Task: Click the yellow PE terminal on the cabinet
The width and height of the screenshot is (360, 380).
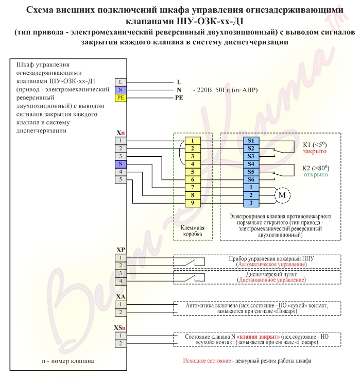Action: pyautogui.click(x=121, y=97)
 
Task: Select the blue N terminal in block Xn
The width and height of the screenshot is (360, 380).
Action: pyautogui.click(x=121, y=164)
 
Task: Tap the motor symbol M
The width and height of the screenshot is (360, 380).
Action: pyautogui.click(x=282, y=195)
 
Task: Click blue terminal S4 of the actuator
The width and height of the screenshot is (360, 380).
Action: pyautogui.click(x=251, y=164)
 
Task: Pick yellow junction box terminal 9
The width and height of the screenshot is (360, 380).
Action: pyautogui.click(x=193, y=203)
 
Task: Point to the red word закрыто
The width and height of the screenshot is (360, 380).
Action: pyautogui.click(x=315, y=151)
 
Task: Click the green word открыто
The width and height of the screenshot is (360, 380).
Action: pyautogui.click(x=316, y=175)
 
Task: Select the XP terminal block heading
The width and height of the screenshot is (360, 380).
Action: pyautogui.click(x=121, y=250)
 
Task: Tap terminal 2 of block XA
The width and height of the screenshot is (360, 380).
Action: pyautogui.click(x=121, y=312)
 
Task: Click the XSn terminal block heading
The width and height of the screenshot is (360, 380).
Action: pyautogui.click(x=120, y=328)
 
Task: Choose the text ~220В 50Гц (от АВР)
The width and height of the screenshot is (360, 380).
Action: pyautogui.click(x=225, y=90)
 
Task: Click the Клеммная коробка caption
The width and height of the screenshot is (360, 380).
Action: pyautogui.click(x=193, y=231)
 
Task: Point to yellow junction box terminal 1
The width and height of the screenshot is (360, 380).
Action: pyautogui.click(x=193, y=141)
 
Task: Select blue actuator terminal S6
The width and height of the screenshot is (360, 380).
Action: pyautogui.click(x=251, y=179)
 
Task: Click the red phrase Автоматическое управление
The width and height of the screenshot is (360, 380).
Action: pyautogui.click(x=271, y=265)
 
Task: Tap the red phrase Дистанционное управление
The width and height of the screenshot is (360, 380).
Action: pyautogui.click(x=271, y=280)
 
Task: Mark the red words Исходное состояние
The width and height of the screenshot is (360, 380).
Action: pyautogui.click(x=207, y=361)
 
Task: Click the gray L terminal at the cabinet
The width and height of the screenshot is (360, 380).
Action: pyautogui.click(x=121, y=82)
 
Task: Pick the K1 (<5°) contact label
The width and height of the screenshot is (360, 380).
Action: pyautogui.click(x=315, y=145)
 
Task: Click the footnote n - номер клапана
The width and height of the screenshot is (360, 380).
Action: pyautogui.click(x=68, y=361)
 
